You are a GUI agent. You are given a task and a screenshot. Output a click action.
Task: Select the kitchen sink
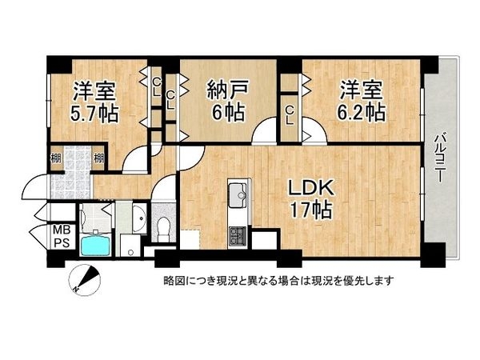[237, 195]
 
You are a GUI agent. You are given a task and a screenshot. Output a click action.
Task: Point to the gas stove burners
[238, 235]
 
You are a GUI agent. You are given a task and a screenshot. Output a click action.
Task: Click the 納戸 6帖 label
[225, 99]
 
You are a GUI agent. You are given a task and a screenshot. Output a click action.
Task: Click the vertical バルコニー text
[439, 158]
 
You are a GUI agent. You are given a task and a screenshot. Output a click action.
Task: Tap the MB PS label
[61, 238]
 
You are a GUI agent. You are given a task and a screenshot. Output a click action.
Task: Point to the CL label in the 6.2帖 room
[290, 117]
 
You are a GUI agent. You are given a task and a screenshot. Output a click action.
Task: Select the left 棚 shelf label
[55, 158]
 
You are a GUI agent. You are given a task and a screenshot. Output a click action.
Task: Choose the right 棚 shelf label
[98, 158]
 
